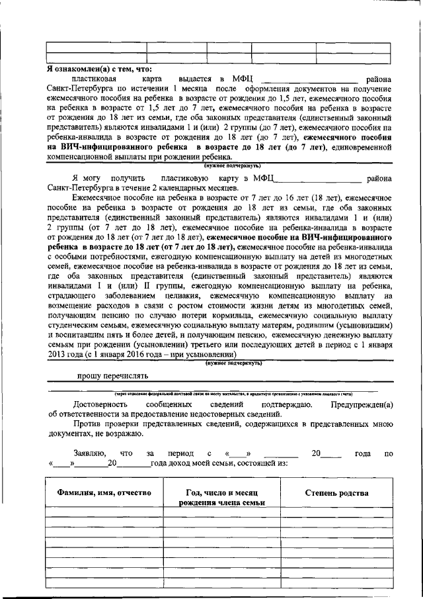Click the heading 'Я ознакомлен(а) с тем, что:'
[x=99, y=68]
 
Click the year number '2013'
[x=59, y=354]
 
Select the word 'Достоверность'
[x=100, y=404]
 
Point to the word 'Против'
[x=85, y=424]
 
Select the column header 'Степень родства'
[x=336, y=493]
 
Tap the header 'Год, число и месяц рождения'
[x=221, y=498]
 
